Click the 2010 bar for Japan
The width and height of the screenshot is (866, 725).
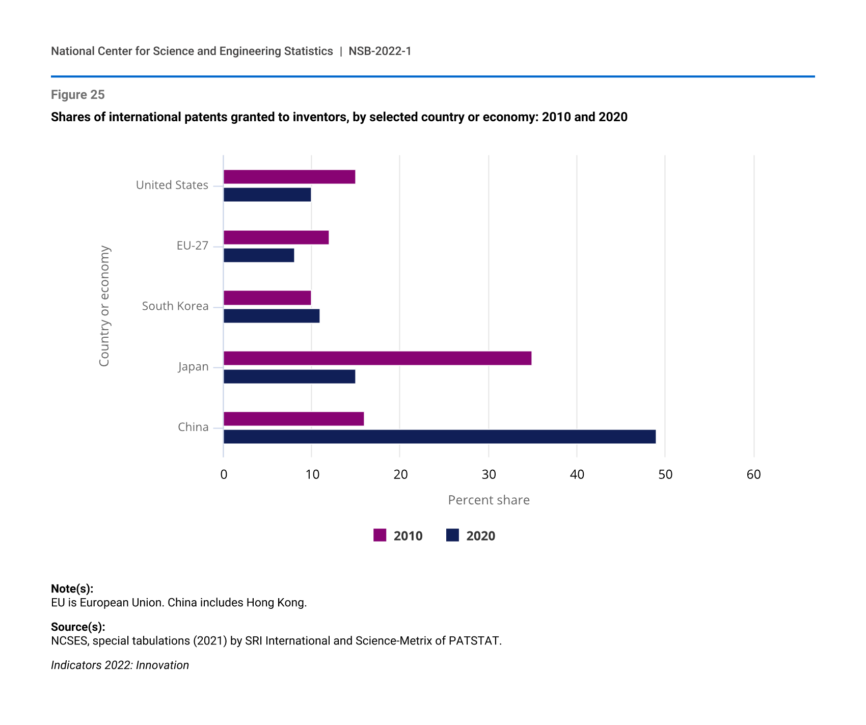click(377, 358)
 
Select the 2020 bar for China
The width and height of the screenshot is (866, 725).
click(439, 437)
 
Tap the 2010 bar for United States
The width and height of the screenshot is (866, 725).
click(289, 177)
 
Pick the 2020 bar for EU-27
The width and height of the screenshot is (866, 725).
click(259, 255)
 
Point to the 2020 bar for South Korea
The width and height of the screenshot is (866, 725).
click(271, 316)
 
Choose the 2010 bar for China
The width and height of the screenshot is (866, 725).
click(293, 419)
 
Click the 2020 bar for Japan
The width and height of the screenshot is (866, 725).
click(289, 377)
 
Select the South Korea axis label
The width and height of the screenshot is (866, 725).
click(175, 306)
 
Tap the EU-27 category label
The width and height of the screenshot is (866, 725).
click(192, 246)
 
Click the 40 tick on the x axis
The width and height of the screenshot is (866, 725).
click(577, 475)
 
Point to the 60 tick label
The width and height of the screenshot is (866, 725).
click(753, 475)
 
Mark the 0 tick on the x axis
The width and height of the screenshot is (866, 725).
click(224, 475)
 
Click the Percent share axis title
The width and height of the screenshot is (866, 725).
click(489, 500)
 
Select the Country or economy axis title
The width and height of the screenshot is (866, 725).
click(104, 306)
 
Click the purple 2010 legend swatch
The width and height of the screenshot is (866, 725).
click(380, 535)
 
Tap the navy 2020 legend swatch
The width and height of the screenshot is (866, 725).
click(452, 535)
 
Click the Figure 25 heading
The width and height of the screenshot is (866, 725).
click(78, 95)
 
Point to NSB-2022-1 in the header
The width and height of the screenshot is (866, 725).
click(380, 51)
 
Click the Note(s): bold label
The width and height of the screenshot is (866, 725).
click(72, 589)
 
